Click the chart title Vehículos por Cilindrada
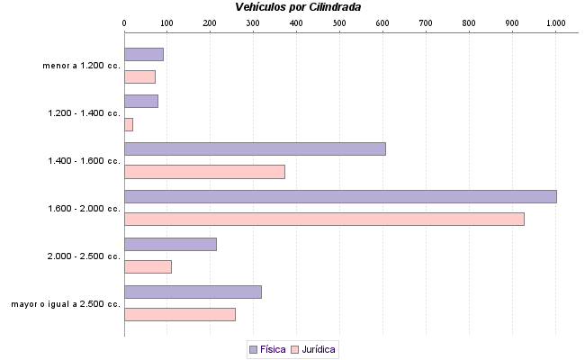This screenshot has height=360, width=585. pos(298,7)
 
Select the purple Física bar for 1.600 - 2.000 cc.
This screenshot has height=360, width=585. pos(340,196)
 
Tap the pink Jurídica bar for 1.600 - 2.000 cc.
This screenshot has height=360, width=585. pos(324,219)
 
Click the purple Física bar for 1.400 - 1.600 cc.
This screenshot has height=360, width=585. pos(255,148)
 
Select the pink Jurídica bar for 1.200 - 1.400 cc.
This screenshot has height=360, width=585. pos(129,124)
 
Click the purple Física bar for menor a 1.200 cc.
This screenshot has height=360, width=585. pos(144,54)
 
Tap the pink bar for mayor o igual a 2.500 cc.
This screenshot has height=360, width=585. pos(180,314)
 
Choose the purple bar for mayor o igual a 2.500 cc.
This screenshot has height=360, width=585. pos(193,292)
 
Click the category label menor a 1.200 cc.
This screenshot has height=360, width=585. pos(81,66)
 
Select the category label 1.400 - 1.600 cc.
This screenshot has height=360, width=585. pos(85,161)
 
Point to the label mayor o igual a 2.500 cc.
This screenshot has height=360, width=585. pos(66,304)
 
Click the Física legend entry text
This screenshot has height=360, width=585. pos(274,349)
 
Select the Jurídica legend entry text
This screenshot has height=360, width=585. pos(319,349)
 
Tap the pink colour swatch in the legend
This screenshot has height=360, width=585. pos(295,349)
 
